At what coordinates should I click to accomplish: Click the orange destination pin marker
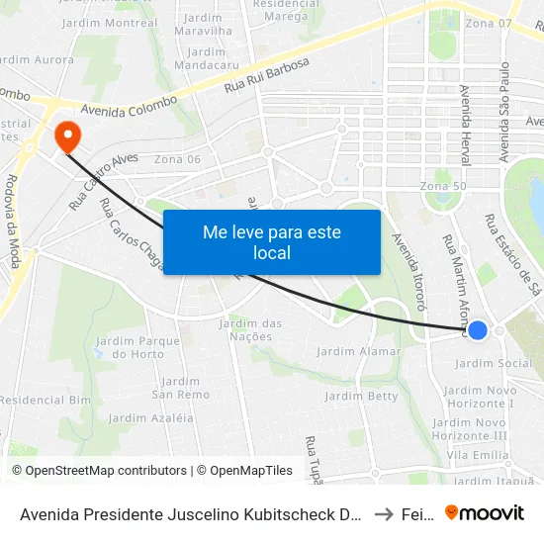(67, 137)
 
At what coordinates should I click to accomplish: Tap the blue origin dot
(477, 330)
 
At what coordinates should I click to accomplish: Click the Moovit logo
(485, 512)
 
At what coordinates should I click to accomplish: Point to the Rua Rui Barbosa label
(267, 76)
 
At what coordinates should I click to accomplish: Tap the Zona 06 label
(178, 159)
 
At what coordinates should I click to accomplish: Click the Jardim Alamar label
(359, 351)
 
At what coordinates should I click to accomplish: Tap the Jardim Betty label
(362, 397)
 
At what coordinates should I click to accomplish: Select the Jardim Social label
(492, 364)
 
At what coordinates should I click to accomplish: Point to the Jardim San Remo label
(180, 388)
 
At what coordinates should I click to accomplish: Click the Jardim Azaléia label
(150, 418)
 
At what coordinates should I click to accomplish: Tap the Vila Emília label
(478, 454)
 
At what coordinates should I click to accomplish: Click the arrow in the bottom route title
(384, 513)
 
